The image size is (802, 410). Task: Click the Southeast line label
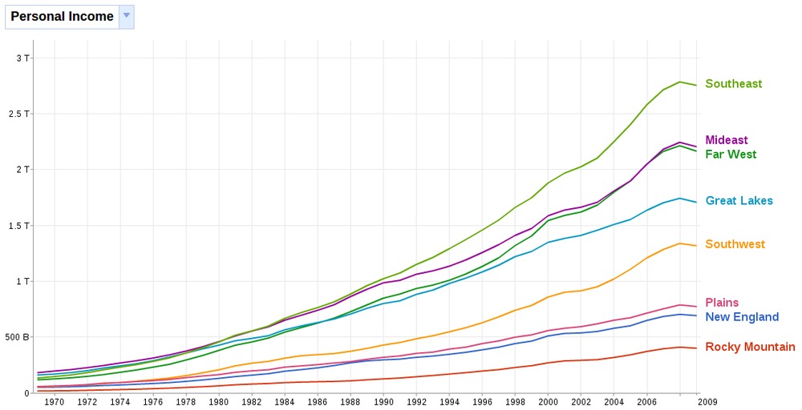(733, 84)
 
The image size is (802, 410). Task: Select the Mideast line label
(727, 141)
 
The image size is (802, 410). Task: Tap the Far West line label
(731, 155)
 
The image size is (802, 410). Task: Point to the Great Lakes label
(739, 201)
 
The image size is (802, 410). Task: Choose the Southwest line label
(735, 244)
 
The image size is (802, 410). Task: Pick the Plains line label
(722, 303)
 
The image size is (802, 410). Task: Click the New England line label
(742, 317)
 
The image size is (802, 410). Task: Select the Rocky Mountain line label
(750, 347)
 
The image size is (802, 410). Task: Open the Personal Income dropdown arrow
(126, 16)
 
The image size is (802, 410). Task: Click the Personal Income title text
(62, 17)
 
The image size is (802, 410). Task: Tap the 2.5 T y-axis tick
(18, 114)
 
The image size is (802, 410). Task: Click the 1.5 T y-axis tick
(18, 225)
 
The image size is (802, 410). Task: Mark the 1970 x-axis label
(55, 402)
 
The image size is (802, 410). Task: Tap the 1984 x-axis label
(285, 402)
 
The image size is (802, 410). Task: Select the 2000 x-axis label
(548, 402)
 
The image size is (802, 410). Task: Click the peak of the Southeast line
(680, 82)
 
